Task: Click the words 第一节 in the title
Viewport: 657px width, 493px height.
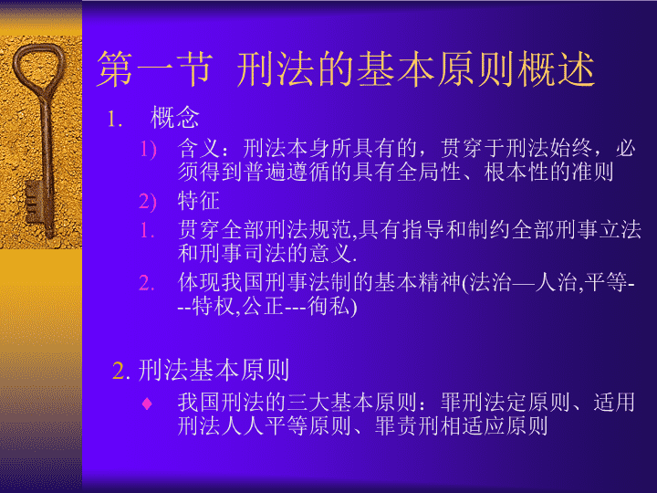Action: pos(154,69)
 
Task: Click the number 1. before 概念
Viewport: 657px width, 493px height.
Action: pos(115,119)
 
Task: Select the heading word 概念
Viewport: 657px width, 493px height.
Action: pos(174,118)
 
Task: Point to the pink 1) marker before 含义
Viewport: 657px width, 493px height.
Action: pos(148,149)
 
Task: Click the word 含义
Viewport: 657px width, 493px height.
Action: pos(199,148)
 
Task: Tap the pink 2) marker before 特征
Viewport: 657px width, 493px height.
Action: pos(148,202)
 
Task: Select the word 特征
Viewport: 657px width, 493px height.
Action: pos(199,200)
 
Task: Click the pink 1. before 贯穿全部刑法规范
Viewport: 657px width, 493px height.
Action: pos(147,231)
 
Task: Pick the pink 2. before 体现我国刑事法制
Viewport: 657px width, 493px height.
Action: pos(147,283)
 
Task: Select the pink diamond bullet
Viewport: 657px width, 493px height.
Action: pos(147,404)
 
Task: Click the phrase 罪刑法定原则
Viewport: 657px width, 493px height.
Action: pos(505,403)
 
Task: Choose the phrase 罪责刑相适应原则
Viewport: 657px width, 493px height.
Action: pos(461,426)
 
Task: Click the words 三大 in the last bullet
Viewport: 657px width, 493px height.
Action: pos(308,403)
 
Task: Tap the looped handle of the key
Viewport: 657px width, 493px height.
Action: pos(39,67)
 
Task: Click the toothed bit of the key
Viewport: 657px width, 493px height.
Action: pos(35,202)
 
